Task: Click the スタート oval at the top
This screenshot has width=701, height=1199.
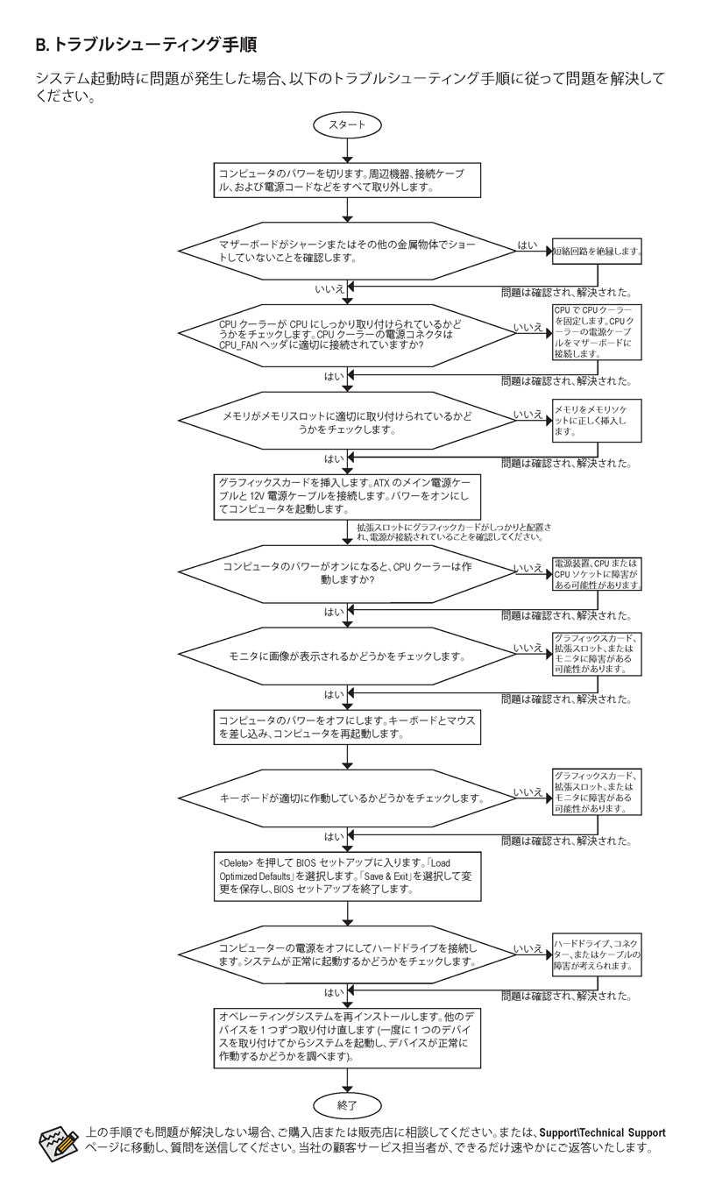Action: [x=349, y=125]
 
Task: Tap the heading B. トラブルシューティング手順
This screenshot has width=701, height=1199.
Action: [x=145, y=44]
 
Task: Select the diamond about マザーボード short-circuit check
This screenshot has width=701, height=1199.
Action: [x=349, y=252]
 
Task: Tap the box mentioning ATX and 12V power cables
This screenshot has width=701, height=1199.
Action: [x=349, y=495]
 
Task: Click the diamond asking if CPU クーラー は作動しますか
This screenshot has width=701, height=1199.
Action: [x=349, y=574]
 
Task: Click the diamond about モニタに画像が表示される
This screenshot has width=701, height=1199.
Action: [x=349, y=656]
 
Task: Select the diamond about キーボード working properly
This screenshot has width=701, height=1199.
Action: [x=349, y=798]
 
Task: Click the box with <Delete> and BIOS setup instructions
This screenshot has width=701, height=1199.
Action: [x=349, y=876]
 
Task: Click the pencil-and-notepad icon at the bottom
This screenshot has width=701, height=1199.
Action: [x=58, y=1140]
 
